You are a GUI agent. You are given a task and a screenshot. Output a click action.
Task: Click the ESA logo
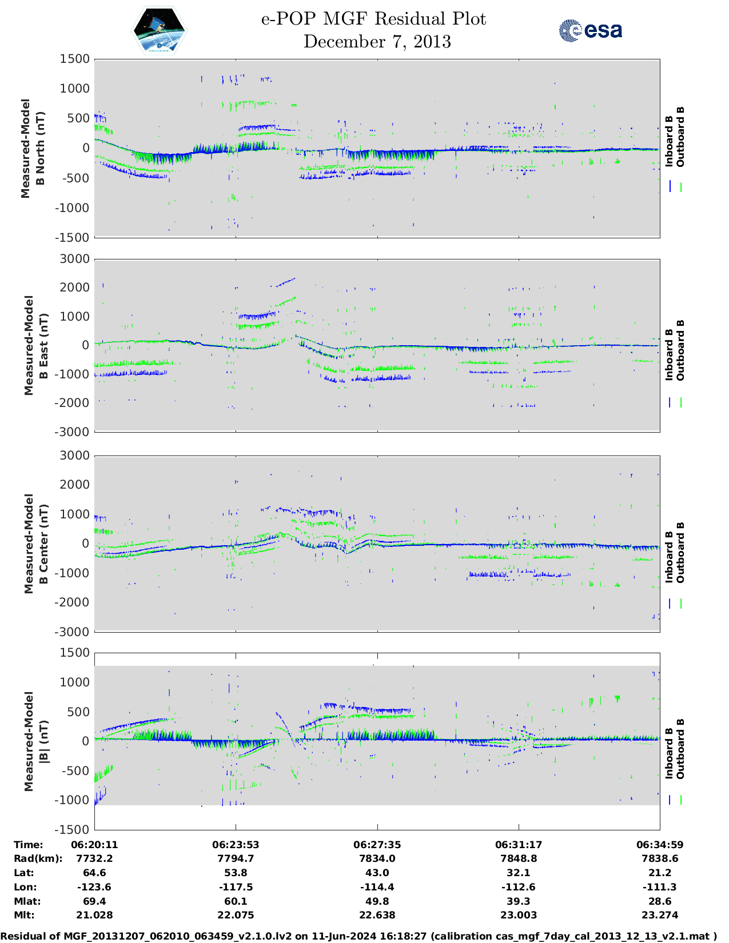click(591, 30)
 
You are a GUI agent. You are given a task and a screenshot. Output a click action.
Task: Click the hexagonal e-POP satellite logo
click(160, 31)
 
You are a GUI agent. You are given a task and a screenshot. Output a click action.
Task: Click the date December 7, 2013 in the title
click(377, 42)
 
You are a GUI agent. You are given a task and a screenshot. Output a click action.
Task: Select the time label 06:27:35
click(377, 845)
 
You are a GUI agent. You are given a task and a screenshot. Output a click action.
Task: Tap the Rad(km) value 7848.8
click(519, 858)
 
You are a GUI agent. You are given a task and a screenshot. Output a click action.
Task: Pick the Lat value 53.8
click(236, 873)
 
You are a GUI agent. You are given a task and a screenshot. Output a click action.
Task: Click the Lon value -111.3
click(660, 887)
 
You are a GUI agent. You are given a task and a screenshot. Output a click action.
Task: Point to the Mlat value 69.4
click(94, 901)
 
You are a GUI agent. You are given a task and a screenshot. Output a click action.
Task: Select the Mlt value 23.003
click(519, 915)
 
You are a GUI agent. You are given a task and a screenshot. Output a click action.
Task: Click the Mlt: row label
click(24, 915)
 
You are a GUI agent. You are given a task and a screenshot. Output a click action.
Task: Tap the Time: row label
click(29, 845)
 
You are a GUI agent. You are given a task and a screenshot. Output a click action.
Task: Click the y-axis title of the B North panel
click(33, 148)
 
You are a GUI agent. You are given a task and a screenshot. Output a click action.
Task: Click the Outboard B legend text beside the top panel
click(680, 137)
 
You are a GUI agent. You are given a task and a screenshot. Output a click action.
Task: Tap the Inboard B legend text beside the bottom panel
click(670, 749)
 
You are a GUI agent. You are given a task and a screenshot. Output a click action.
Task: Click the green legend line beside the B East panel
click(681, 402)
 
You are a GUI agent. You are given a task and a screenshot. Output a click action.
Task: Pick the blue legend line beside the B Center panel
click(670, 603)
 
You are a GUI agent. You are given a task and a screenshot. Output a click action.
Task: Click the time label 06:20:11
click(94, 845)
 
